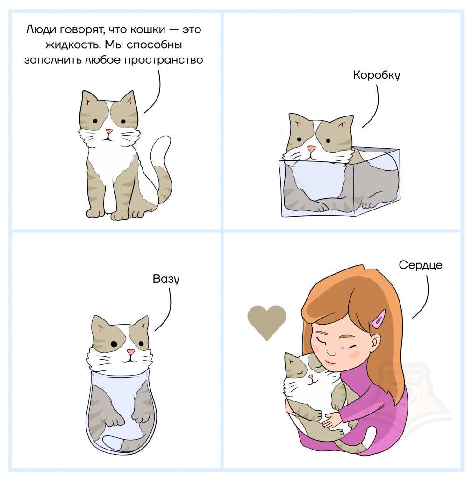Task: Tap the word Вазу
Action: [166, 279]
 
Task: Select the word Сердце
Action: [421, 265]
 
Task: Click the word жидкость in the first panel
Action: [73, 44]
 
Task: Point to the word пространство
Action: [164, 60]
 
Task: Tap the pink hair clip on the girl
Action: [379, 319]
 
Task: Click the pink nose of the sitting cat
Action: [109, 131]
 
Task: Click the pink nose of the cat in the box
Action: [311, 149]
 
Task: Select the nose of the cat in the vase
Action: [131, 352]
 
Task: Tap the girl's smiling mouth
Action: [329, 363]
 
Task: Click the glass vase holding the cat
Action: [121, 411]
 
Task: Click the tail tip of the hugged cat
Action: [372, 434]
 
